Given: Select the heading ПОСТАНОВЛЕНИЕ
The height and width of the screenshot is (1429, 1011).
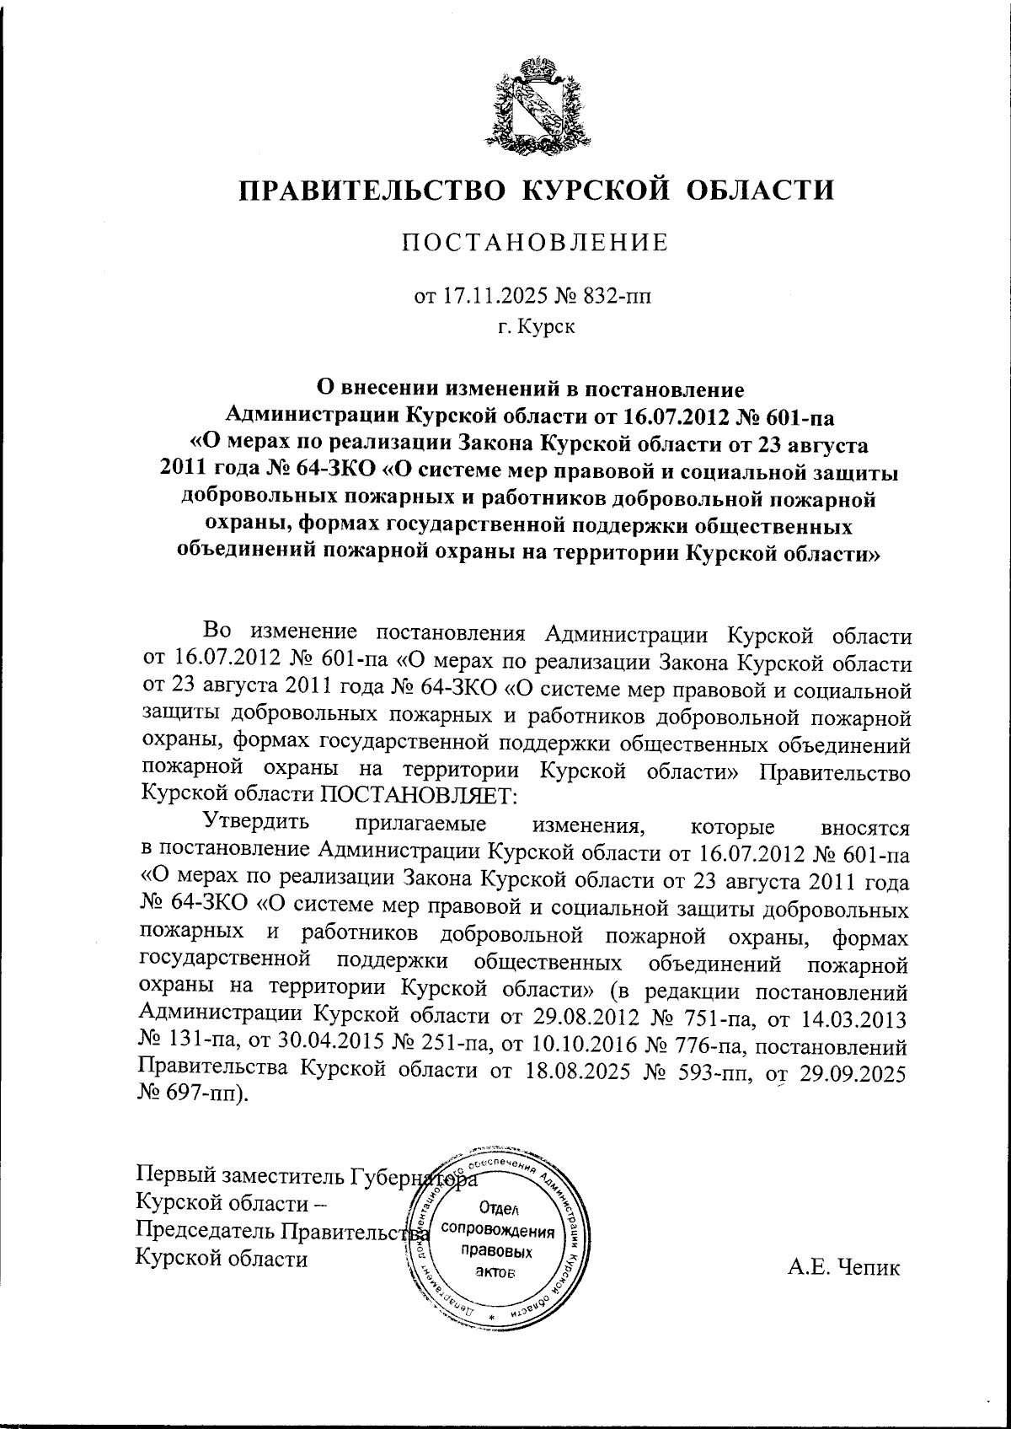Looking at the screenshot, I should point(534,244).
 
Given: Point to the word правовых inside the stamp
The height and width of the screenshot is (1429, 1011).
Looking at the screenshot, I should point(498,1250).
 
